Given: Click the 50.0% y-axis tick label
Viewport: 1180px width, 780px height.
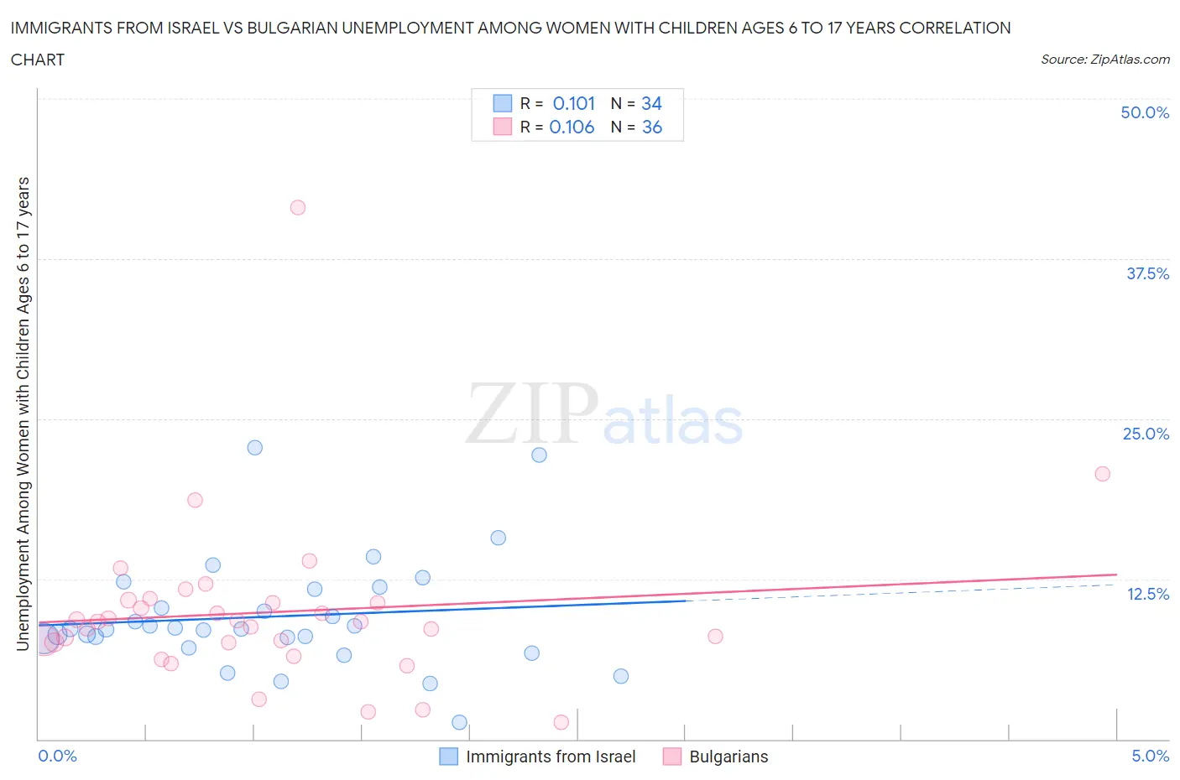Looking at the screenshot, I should click(1145, 112).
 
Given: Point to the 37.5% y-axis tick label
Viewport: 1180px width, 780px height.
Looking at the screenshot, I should click(1147, 273).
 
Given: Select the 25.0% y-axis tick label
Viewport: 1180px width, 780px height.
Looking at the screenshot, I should click(1146, 434).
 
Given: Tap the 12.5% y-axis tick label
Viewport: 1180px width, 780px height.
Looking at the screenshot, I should click(1147, 594).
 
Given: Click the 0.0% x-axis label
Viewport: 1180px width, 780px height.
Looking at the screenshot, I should click(57, 756).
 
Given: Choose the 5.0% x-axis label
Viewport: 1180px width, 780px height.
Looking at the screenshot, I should click(1150, 756).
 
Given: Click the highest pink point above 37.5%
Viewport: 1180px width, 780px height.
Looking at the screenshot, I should click(298, 207).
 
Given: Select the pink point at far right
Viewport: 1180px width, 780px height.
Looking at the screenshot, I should click(1103, 474).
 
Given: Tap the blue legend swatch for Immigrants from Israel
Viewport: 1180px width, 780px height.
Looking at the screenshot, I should click(449, 757).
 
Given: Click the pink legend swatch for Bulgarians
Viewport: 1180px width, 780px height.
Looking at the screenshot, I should click(672, 757).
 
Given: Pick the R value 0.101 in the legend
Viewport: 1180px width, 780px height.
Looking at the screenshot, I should click(573, 103).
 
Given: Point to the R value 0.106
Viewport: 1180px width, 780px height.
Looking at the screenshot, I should click(572, 127).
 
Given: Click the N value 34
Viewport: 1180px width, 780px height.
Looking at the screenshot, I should click(651, 103).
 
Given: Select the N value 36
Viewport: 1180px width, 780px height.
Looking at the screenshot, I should click(652, 127).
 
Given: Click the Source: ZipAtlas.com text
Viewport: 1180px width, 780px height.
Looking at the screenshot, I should click(1105, 59).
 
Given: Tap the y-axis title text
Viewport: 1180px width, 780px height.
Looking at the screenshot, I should click(23, 413).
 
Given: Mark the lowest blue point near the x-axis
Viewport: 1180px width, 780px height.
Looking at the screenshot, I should click(459, 722).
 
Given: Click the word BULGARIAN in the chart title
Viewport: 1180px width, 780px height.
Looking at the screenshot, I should click(279, 28).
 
